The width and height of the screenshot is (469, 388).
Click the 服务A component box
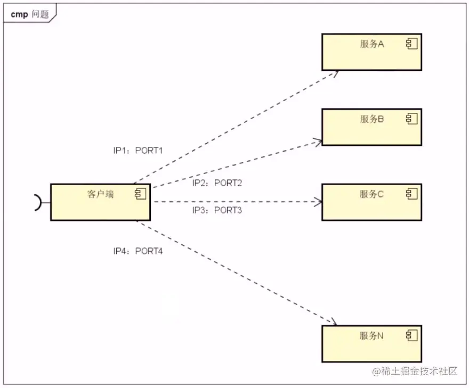(x=371, y=52)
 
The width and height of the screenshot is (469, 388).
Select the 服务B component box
(x=371, y=127)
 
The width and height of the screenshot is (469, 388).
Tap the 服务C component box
(x=371, y=202)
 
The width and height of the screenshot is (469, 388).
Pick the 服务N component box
(x=371, y=344)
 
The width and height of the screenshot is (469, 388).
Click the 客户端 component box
(x=100, y=202)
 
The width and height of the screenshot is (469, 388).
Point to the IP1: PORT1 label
(x=138, y=151)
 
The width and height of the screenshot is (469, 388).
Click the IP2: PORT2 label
(x=217, y=183)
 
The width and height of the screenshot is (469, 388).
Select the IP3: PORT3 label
(x=217, y=210)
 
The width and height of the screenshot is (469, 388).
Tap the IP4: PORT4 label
(x=138, y=250)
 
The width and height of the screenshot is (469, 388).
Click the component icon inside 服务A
(x=411, y=44)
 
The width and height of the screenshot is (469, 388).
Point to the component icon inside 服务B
(x=411, y=119)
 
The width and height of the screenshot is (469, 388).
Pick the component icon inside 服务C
(x=411, y=194)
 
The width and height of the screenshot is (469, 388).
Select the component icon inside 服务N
(x=411, y=335)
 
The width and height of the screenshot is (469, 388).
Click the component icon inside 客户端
(x=140, y=194)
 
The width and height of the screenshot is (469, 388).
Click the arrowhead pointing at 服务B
(x=318, y=141)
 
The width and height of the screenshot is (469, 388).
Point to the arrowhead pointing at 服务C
(x=318, y=202)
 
